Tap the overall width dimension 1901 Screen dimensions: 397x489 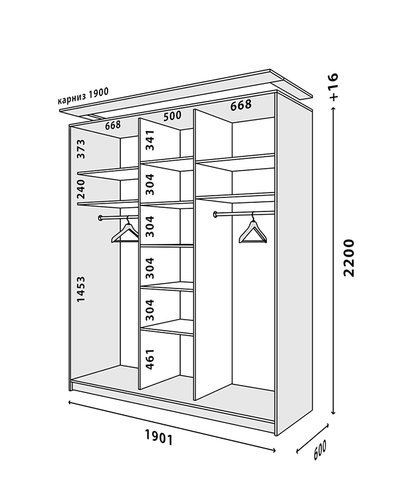coord(159,437)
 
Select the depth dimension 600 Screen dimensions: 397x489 coord(319,450)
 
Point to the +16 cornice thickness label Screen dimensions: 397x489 coord(333,87)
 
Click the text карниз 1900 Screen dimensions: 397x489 coord(83,96)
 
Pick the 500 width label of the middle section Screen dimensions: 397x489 coord(172,116)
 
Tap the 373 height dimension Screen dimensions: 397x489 coord(81,149)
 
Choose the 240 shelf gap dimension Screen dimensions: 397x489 coord(81,189)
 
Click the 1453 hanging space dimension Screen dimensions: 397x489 coord(81,289)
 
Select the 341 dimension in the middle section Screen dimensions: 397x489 coord(150,141)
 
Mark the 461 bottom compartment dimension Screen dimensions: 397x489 coord(150,359)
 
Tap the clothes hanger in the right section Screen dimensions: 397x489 coord(253,227)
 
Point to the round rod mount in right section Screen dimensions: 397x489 coord(216,214)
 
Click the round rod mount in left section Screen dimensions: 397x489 coord(100,218)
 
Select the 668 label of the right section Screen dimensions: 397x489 coord(241,105)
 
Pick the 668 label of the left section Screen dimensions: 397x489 coord(113,125)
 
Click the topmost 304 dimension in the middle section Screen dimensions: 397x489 coord(150,184)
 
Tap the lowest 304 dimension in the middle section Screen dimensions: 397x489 coord(150,310)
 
